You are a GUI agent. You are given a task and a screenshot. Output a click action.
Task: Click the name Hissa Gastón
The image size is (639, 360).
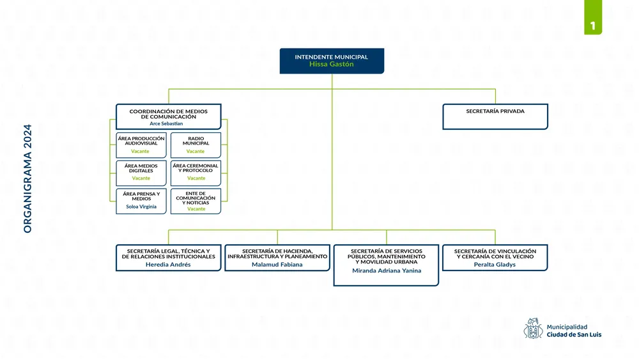click(331, 65)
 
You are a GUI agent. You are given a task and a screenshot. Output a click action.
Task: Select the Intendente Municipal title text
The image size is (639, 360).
click(331, 57)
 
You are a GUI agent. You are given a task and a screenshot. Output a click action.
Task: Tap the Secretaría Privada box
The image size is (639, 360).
click(495, 116)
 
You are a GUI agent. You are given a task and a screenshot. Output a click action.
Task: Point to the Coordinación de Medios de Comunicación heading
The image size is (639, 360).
click(168, 114)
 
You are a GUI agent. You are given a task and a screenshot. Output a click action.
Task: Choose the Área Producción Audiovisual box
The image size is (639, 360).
click(141, 145)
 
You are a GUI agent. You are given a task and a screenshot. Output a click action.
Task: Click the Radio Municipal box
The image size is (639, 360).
click(196, 145)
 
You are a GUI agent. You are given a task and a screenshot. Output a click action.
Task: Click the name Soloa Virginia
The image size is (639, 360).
click(141, 207)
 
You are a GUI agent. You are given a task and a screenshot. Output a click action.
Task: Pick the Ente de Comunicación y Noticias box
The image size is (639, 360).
click(196, 201)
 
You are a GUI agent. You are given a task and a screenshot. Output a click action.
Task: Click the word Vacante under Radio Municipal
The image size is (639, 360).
click(196, 152)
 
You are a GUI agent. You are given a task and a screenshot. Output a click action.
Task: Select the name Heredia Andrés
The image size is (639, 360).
click(168, 265)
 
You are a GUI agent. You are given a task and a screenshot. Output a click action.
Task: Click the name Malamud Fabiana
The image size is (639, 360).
click(277, 265)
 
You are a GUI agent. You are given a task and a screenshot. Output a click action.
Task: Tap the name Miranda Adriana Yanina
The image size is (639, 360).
click(386, 270)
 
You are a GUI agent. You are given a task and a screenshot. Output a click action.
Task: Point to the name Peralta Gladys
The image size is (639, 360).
click(495, 265)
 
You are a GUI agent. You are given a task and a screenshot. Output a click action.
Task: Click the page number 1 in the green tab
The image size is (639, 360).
click(593, 26)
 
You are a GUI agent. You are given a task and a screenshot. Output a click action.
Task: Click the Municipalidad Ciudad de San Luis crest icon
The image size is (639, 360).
click(533, 329)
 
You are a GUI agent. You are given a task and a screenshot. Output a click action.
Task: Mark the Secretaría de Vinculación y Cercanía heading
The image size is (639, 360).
click(495, 254)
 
